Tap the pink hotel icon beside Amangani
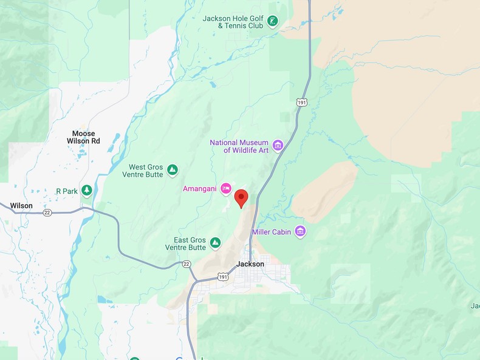[x=226, y=188]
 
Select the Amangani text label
[x=200, y=189]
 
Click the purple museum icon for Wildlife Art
[x=278, y=145]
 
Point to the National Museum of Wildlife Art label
[x=239, y=146]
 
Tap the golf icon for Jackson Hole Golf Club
[x=273, y=22]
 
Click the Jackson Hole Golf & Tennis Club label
[x=233, y=22]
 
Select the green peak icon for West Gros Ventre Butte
[x=173, y=170]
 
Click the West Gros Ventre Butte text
[x=146, y=171]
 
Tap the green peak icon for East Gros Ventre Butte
[x=215, y=243]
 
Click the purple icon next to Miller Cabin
[x=300, y=231]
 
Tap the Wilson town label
[x=21, y=206]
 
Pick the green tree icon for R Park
[x=87, y=191]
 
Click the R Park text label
[x=67, y=191]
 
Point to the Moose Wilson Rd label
[x=83, y=137]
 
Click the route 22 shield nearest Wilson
[x=47, y=212]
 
